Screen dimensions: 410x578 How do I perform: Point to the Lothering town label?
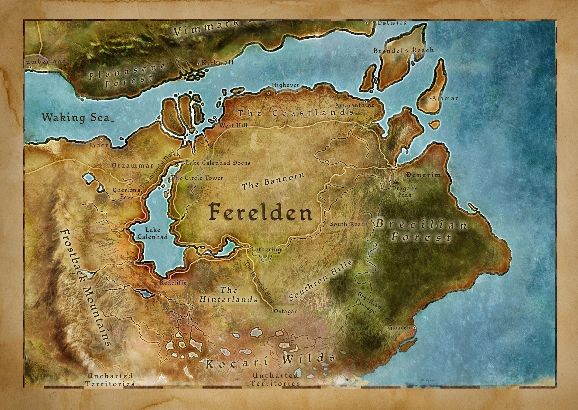click(266, 249)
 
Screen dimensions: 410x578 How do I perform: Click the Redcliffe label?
click(173, 282)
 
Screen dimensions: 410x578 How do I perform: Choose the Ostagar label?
click(285, 312)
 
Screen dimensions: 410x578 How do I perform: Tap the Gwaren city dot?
click(414, 327)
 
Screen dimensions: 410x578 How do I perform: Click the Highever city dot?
click(269, 93)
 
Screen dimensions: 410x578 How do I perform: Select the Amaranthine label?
click(354, 105)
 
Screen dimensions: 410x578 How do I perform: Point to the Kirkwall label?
click(217, 62)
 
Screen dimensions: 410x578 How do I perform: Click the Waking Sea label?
click(76, 118)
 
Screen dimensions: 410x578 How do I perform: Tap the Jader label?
click(98, 146)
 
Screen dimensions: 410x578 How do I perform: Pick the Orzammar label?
click(133, 166)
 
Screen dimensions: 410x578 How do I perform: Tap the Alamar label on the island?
click(445, 98)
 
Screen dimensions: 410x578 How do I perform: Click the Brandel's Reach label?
click(404, 50)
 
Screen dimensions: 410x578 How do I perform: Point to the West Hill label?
click(233, 125)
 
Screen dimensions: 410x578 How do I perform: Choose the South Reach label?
click(349, 224)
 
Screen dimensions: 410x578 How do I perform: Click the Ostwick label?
click(392, 23)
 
